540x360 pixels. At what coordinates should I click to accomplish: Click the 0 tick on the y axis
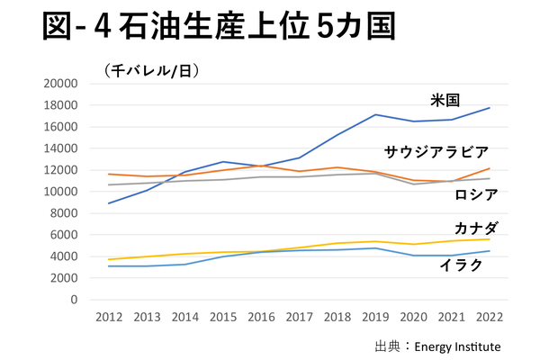(x=73, y=300)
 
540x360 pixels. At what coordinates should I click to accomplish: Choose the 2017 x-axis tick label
(x=299, y=317)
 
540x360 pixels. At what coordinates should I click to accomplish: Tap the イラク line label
(x=461, y=265)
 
